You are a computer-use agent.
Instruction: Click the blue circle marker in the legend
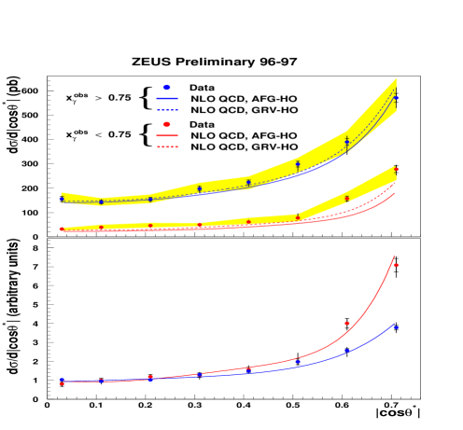(x=167, y=88)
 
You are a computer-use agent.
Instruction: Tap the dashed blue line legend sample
(x=167, y=110)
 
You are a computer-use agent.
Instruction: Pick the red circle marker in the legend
(x=167, y=124)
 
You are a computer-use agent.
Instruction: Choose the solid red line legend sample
(x=167, y=135)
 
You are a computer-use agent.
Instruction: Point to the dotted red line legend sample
(x=167, y=146)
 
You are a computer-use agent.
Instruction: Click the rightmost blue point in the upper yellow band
(x=396, y=97)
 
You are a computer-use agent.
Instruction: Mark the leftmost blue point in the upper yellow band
(x=62, y=199)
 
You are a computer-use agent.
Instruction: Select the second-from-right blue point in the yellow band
(x=347, y=142)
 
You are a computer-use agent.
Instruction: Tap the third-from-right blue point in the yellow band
(x=298, y=165)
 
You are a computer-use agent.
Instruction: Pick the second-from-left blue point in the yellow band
(x=102, y=201)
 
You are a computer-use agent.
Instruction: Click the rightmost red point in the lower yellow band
(x=396, y=170)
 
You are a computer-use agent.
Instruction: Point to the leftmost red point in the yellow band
(x=62, y=229)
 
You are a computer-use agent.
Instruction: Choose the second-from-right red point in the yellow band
(x=347, y=198)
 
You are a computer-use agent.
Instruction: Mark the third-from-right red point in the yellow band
(x=298, y=217)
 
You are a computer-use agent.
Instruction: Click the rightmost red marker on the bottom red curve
(x=396, y=265)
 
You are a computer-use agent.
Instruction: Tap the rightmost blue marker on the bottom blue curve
(x=396, y=327)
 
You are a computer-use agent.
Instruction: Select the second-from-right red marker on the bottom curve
(x=347, y=324)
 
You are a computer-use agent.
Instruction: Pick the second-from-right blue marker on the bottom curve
(x=347, y=351)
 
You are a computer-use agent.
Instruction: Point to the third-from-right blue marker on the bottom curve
(x=298, y=362)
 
